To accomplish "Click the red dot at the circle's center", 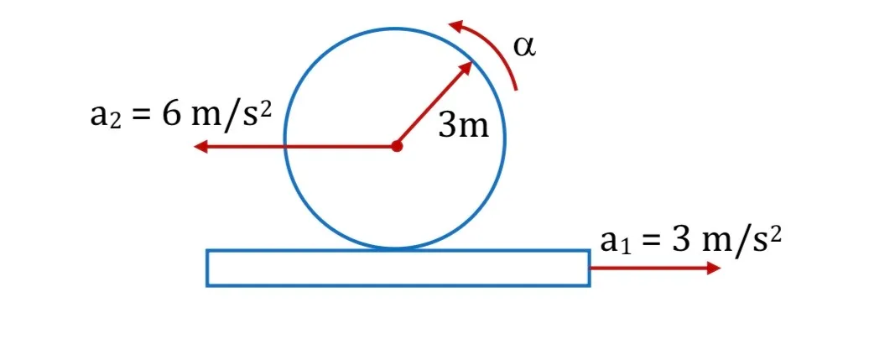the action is tap(396, 147).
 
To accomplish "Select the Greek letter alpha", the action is tap(524, 47).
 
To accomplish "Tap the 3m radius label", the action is tap(464, 126).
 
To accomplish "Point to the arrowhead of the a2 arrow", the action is tap(200, 147).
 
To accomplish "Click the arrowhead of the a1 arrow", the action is tap(714, 269).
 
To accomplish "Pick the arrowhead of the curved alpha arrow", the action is tap(455, 26).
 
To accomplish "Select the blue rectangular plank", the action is tap(398, 268).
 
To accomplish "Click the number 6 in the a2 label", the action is tap(171, 114).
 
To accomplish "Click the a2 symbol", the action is tap(105, 117).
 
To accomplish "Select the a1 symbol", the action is tap(616, 243).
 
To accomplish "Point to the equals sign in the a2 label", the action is tap(141, 117).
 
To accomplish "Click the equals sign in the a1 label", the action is tap(651, 243).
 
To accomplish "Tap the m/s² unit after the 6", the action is tap(231, 115).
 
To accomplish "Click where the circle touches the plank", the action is tap(395, 249).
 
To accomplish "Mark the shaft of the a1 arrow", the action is tap(648, 269).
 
